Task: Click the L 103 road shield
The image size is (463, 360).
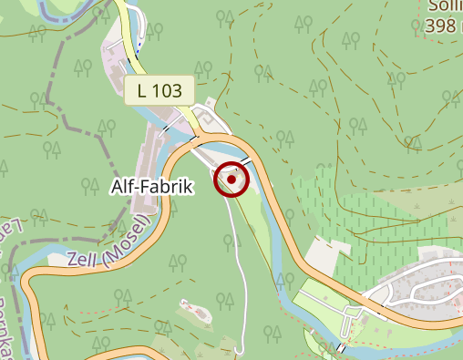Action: [x=160, y=90]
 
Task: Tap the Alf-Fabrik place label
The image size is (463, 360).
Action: [x=153, y=187]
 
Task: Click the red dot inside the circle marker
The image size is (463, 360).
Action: [x=231, y=180]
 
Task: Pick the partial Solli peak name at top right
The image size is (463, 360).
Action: [x=444, y=6]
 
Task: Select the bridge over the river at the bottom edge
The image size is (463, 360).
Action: [x=341, y=348]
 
